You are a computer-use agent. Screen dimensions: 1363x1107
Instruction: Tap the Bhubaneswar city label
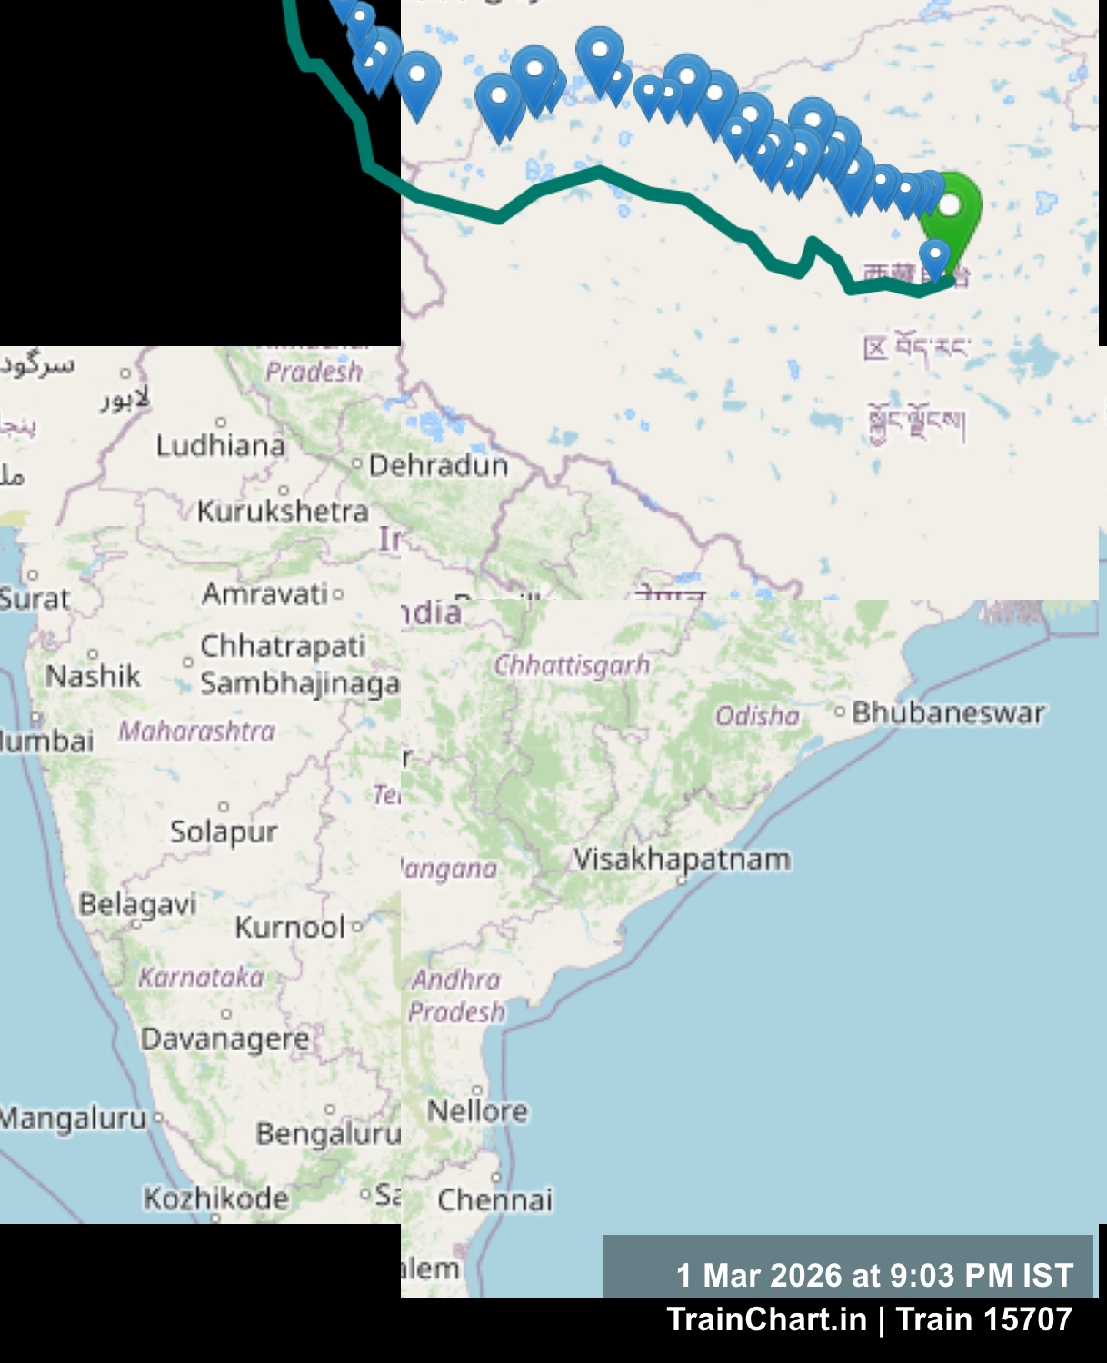click(948, 713)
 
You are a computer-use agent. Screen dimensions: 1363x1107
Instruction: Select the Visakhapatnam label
click(682, 859)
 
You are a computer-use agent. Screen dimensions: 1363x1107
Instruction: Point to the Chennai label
click(494, 1200)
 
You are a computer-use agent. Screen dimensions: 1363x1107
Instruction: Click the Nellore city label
click(477, 1110)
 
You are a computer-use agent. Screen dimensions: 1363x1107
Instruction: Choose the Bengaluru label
click(328, 1134)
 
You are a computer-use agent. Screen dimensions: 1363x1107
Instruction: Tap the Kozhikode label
click(215, 1199)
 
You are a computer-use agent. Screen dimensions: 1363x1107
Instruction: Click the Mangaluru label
click(73, 1118)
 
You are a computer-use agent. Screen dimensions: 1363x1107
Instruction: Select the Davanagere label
click(224, 1039)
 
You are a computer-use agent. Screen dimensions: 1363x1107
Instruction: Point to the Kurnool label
click(290, 928)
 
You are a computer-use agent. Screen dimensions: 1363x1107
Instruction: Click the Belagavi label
click(137, 904)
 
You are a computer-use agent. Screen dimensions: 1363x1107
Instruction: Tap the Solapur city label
click(224, 831)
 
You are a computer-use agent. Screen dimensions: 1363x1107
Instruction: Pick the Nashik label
click(94, 676)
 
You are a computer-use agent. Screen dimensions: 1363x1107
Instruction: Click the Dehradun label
click(438, 466)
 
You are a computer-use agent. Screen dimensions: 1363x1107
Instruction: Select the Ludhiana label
click(220, 445)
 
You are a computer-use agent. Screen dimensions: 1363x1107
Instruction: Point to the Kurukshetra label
click(283, 512)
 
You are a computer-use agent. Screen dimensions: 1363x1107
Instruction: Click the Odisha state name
click(757, 717)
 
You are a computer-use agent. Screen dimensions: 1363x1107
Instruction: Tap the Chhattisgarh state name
click(572, 665)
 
